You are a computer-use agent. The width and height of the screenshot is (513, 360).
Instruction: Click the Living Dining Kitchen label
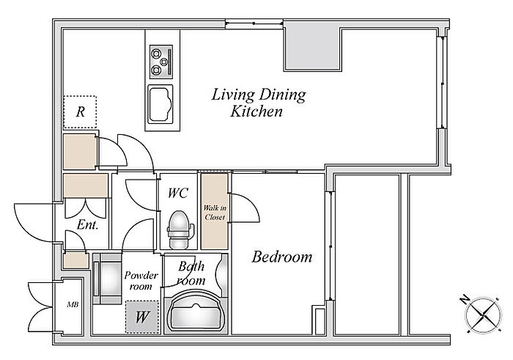(259, 103)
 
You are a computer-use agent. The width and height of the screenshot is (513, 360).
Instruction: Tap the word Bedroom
(282, 257)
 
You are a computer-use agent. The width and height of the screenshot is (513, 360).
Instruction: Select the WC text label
(178, 193)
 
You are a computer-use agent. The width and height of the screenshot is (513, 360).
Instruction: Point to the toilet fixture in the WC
(179, 229)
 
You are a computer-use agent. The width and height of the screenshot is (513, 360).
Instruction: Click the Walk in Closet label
(215, 213)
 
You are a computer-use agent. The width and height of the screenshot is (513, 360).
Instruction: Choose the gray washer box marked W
(142, 317)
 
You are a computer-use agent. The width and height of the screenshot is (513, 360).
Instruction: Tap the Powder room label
(141, 281)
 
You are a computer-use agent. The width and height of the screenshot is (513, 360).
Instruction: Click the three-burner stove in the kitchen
(161, 62)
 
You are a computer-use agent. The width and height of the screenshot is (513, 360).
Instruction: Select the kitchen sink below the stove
(160, 104)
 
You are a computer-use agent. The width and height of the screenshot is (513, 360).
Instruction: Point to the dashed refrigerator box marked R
(80, 112)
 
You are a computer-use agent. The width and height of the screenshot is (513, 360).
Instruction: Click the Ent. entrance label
(88, 225)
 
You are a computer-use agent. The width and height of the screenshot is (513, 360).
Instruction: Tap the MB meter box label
(73, 305)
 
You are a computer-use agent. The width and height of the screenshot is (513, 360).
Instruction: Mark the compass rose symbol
(484, 315)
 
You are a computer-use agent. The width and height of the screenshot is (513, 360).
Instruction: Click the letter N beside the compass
(464, 299)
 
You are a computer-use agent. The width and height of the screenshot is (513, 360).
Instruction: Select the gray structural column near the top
(312, 49)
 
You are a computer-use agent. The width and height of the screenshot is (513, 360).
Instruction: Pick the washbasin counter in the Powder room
(107, 279)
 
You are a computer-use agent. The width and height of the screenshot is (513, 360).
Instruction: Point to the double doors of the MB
(40, 307)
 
